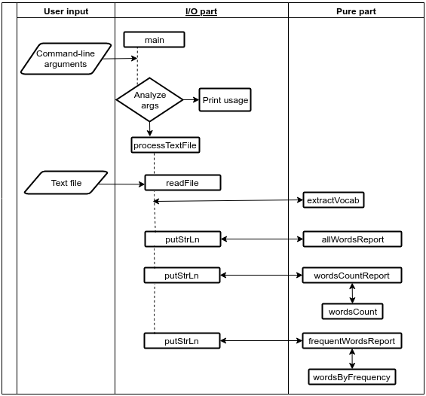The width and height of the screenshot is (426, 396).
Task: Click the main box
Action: tap(153, 39)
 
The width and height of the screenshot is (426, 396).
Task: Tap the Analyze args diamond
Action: tap(150, 100)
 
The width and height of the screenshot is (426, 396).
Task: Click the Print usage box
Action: tap(225, 100)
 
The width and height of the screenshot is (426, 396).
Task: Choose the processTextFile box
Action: tap(166, 145)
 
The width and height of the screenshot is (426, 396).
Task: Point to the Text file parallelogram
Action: tap(66, 183)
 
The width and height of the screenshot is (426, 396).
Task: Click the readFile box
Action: tap(182, 183)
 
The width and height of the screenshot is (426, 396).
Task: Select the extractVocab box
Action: tap(333, 200)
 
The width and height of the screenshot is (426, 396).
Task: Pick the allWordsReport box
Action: tap(352, 239)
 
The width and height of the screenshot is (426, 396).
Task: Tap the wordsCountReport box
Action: tap(352, 276)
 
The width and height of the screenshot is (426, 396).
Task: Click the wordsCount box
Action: tap(352, 311)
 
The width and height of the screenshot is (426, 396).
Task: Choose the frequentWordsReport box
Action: tap(352, 341)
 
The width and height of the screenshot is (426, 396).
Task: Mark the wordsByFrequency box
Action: tap(352, 376)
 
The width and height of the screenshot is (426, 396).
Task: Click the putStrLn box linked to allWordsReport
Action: tap(182, 239)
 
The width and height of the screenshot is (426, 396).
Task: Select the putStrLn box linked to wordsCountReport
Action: tap(182, 276)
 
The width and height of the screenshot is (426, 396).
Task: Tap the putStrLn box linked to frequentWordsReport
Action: tap(182, 341)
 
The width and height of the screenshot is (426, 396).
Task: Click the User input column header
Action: tap(66, 12)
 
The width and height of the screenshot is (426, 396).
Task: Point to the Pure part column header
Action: tap(356, 12)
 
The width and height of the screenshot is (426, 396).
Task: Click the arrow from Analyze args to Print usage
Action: tap(191, 100)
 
